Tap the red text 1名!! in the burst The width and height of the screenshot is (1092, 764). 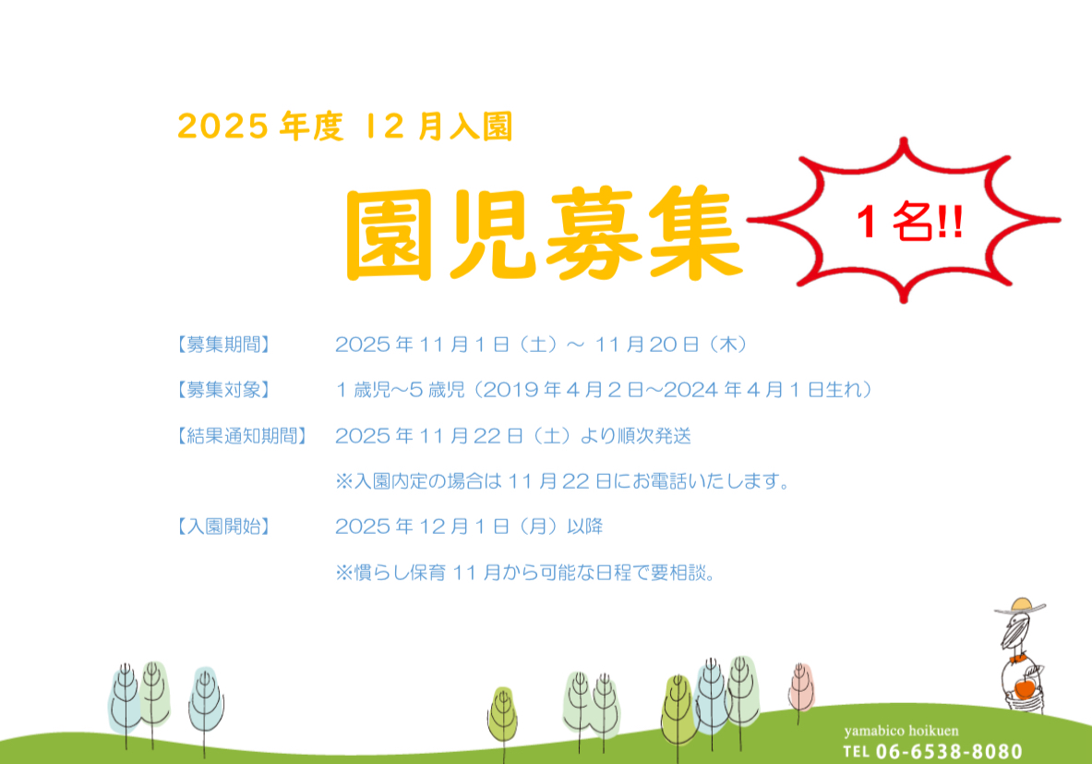click(909, 222)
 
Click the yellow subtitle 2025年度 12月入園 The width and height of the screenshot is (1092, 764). click(345, 127)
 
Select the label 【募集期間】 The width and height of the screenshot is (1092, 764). click(222, 345)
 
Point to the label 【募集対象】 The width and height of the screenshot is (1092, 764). click(222, 390)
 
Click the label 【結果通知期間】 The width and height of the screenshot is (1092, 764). click(242, 436)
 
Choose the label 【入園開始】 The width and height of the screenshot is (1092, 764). click(222, 527)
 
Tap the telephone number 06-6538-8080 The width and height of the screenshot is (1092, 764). click(949, 751)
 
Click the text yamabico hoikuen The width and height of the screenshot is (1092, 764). click(901, 731)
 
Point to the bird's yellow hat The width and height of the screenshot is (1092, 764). click(1020, 606)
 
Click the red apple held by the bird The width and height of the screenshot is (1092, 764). click(1025, 688)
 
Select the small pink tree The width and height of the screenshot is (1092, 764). click(801, 686)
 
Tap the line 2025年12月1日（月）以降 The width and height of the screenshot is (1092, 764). click(469, 527)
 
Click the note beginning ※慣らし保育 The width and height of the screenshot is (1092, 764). click(526, 572)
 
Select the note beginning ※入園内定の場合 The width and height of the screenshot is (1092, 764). click(563, 481)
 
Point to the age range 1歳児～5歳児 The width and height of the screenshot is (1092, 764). click(401, 390)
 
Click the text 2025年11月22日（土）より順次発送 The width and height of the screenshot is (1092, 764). click(513, 436)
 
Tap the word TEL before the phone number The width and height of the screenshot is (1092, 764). click(856, 752)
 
